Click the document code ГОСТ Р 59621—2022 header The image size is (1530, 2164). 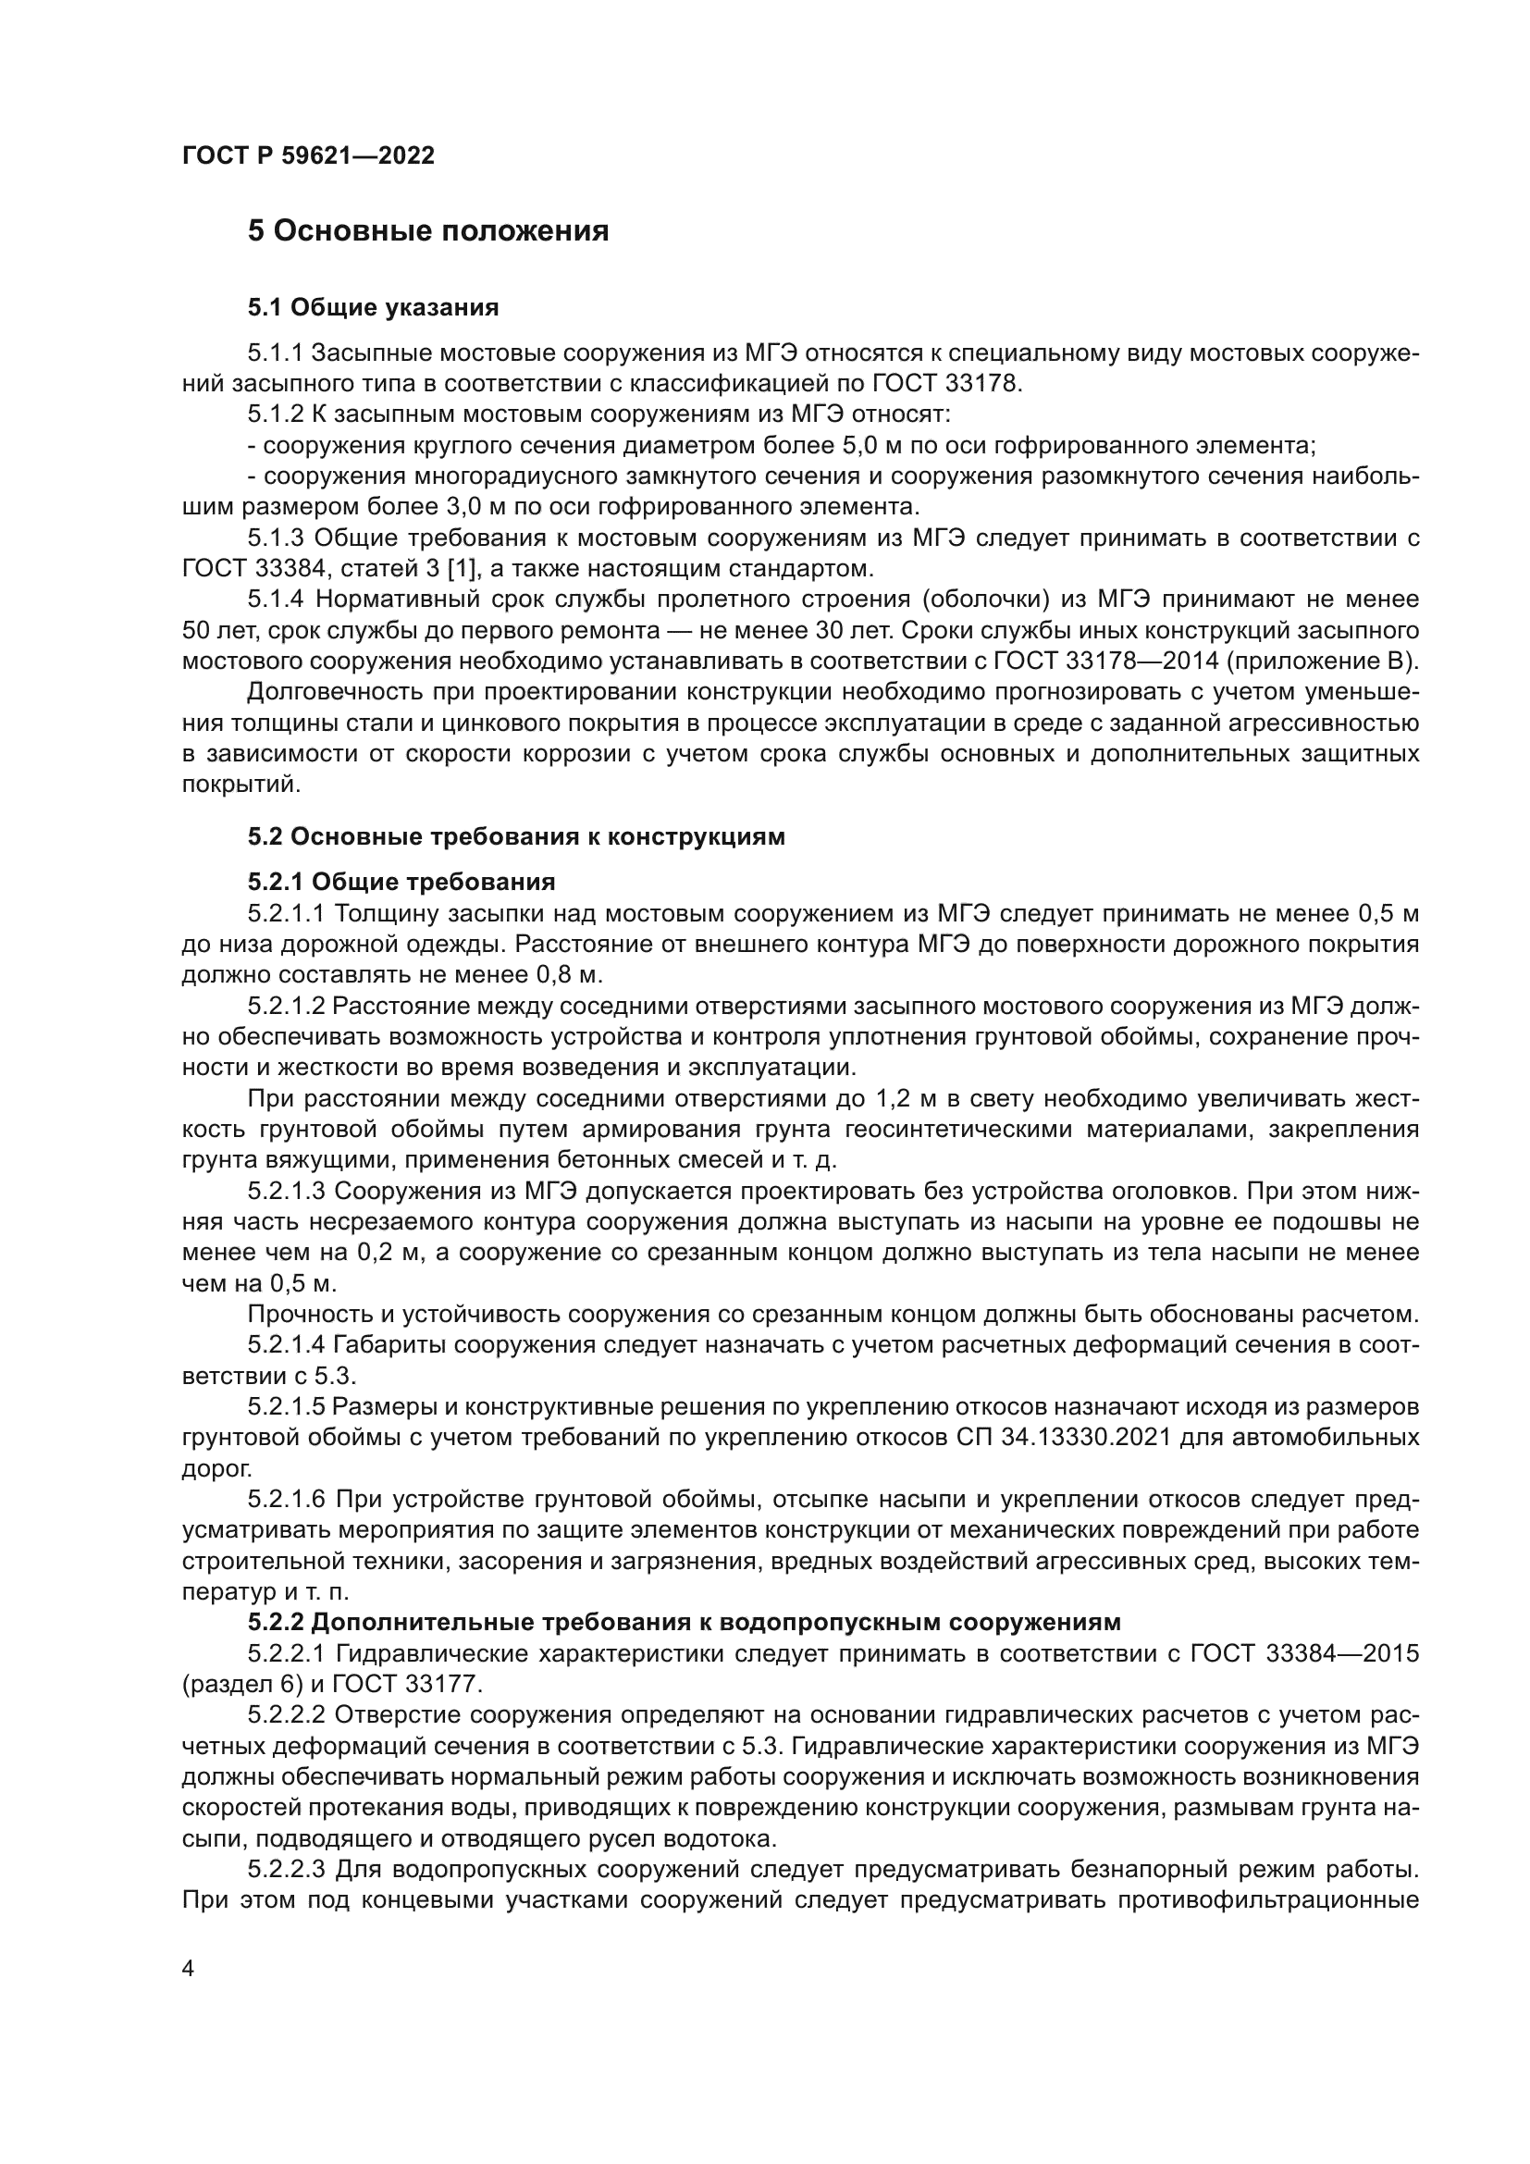(x=308, y=156)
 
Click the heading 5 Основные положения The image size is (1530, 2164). (x=427, y=231)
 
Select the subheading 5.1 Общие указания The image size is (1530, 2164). (x=373, y=307)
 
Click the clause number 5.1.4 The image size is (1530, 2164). (x=276, y=600)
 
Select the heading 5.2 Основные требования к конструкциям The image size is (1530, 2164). (x=515, y=836)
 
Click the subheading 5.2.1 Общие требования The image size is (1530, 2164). (x=401, y=883)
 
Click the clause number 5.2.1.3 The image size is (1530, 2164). (x=287, y=1192)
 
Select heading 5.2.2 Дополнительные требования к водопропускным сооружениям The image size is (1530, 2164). (x=684, y=1622)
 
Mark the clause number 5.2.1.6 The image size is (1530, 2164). (x=287, y=1500)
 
